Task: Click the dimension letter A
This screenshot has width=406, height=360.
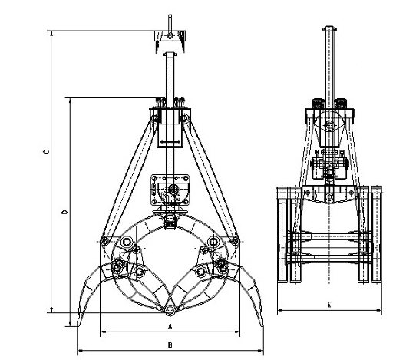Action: (170, 326)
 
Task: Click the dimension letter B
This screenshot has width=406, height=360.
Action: (170, 345)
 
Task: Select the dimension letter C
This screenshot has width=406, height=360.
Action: (46, 152)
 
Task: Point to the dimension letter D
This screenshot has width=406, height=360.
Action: (64, 212)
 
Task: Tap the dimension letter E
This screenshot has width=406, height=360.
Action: (329, 304)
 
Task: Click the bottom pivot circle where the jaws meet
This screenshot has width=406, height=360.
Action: (170, 310)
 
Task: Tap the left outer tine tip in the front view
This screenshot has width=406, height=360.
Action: (79, 324)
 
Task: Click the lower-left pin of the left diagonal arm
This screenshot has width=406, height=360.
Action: (104, 241)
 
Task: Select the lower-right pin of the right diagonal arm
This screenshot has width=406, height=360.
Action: (235, 241)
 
